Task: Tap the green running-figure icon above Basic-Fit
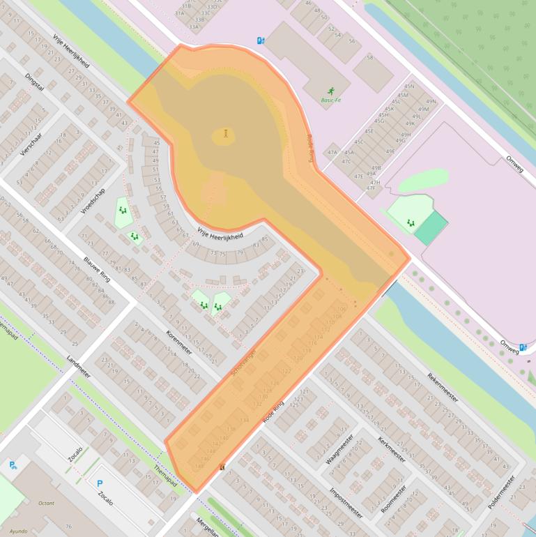click(x=330, y=91)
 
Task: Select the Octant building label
click(x=47, y=502)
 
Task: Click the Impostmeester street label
click(x=346, y=502)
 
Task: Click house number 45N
click(x=409, y=86)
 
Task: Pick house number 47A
click(x=332, y=152)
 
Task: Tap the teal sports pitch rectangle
click(x=431, y=228)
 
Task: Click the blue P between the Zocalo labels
click(x=99, y=483)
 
